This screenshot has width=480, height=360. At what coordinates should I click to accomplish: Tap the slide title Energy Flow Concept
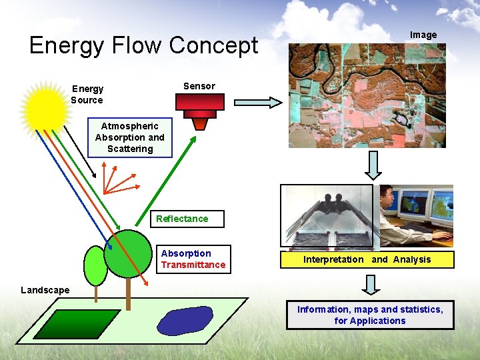[143, 45]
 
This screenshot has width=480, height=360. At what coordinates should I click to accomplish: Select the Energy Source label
[87, 95]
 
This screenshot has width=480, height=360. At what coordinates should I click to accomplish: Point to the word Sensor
[199, 86]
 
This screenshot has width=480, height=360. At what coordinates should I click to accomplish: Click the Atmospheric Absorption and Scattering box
[130, 137]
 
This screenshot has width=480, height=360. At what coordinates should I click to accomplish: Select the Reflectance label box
[182, 219]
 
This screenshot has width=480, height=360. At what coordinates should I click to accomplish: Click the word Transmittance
[193, 265]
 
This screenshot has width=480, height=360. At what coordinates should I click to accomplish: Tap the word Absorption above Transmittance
[186, 253]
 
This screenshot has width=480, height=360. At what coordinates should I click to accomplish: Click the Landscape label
[45, 290]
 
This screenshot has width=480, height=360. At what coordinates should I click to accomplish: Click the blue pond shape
[185, 320]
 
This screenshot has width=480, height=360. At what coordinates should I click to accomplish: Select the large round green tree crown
[129, 254]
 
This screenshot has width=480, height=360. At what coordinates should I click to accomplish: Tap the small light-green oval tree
[96, 265]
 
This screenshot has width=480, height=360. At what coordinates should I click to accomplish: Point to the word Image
[423, 35]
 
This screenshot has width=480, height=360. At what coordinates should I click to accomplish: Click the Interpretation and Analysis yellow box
[367, 259]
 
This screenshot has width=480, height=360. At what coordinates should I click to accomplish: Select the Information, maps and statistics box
[370, 315]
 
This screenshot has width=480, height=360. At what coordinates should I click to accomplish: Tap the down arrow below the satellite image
[372, 165]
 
